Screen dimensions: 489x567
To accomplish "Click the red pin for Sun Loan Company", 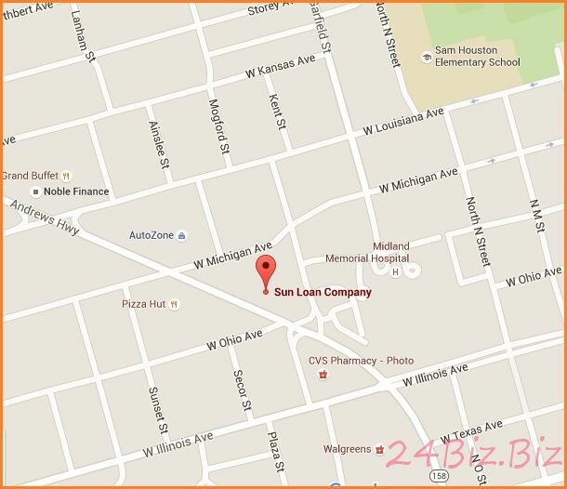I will pos(267,269).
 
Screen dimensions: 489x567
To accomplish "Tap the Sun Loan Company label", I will pos(322,292).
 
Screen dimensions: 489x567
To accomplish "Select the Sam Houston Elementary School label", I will pos(478,56).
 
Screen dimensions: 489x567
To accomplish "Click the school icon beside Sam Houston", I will pos(426,57).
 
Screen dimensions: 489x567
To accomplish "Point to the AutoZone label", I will pos(151,235).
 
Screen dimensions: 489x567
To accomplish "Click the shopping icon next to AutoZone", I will pos(181,235).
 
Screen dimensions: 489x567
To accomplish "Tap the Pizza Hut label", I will pos(142,304).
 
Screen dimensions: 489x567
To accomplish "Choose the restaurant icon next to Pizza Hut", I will pos(174,304).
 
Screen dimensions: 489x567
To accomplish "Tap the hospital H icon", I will pos(395,271).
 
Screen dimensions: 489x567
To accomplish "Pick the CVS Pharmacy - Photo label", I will pos(361,361).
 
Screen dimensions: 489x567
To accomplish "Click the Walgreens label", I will pos(347,449).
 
